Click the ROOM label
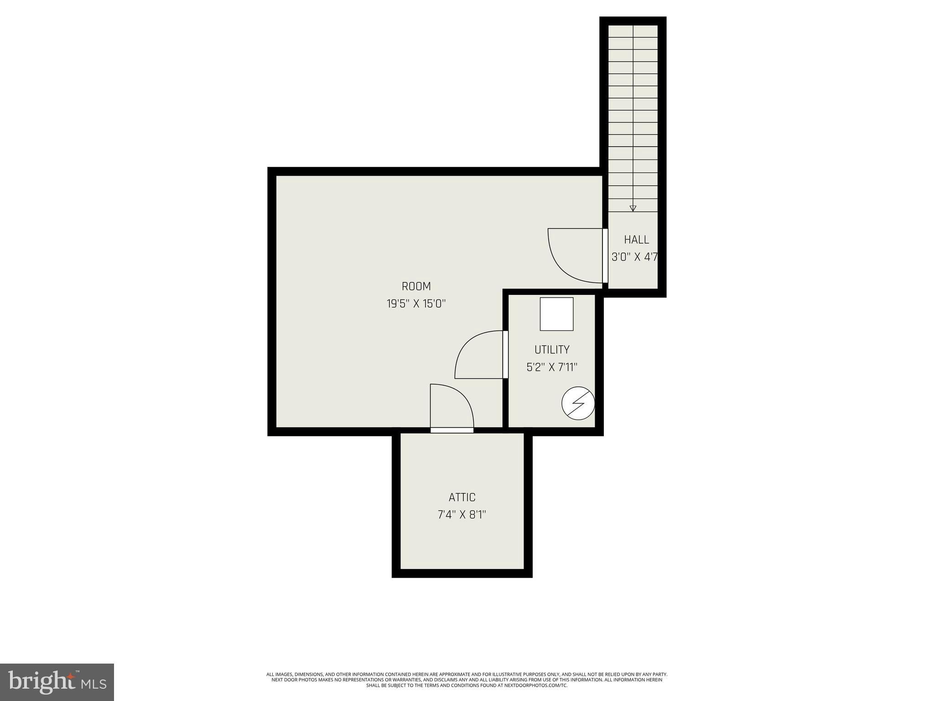point(416,286)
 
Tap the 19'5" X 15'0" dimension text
point(416,303)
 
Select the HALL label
point(636,240)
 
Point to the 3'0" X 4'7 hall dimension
point(634,257)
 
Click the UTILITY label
point(552,350)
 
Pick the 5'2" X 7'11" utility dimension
point(552,367)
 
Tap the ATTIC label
point(462,497)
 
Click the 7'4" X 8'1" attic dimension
point(462,514)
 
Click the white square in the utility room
point(556,314)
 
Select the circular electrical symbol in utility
point(578,403)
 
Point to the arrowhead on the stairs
point(633,209)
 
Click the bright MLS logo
point(57,682)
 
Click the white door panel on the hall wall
point(605,256)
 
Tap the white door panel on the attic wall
point(452,430)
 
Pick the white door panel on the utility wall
point(505,355)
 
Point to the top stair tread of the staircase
point(633,31)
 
